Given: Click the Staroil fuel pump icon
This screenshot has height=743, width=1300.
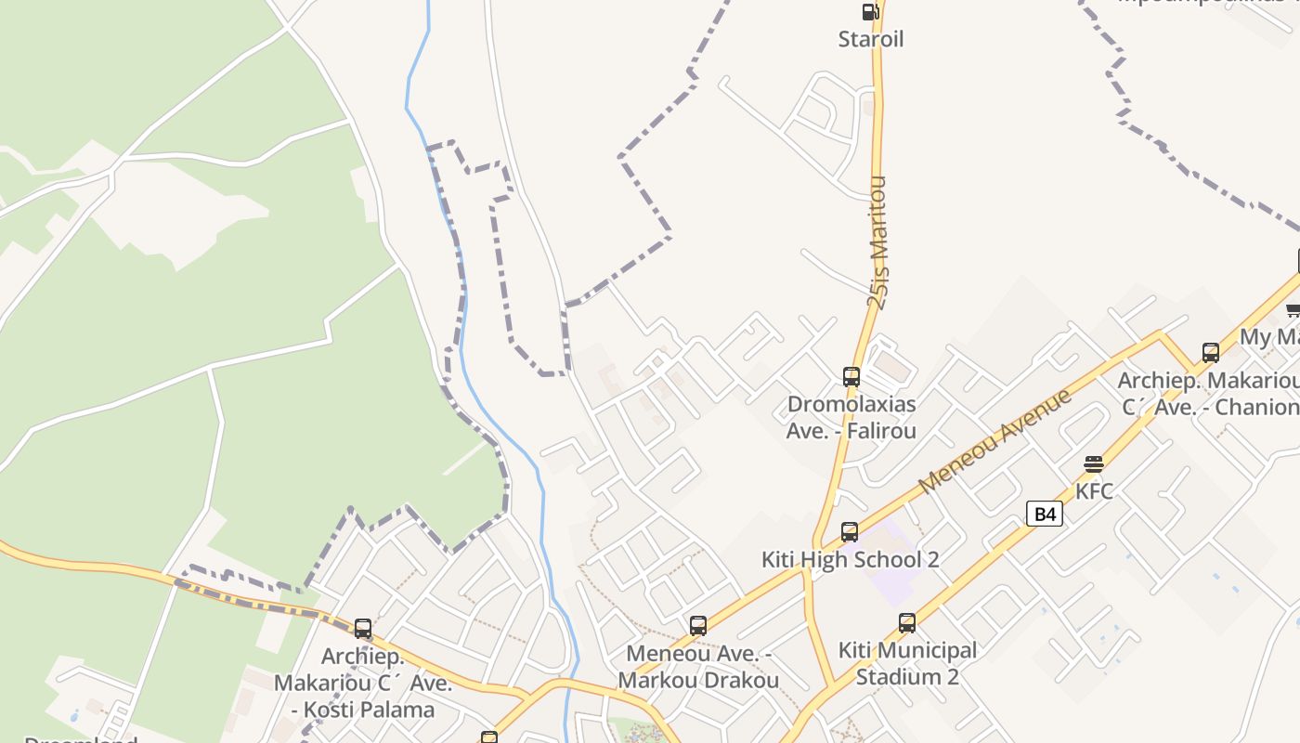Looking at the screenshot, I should (x=870, y=12).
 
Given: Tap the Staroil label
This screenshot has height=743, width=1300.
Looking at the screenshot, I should (x=870, y=39).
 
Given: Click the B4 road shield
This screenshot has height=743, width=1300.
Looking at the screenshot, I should (x=1045, y=514).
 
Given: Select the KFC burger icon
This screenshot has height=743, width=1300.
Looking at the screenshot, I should (x=1094, y=464).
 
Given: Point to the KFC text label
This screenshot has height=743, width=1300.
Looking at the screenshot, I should (x=1094, y=491).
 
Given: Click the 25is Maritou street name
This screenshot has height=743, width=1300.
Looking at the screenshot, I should (x=878, y=241).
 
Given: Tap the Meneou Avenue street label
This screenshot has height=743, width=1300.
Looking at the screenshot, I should (x=994, y=441).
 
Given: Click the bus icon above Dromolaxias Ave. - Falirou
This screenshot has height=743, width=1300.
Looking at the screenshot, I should (x=851, y=377).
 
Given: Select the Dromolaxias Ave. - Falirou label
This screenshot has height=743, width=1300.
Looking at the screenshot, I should (x=851, y=417).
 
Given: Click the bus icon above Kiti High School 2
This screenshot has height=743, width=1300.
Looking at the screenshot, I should (x=850, y=532).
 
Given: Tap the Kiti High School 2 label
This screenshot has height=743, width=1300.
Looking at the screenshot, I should (x=850, y=559).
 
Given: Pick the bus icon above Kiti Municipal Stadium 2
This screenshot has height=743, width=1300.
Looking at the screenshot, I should (x=907, y=623).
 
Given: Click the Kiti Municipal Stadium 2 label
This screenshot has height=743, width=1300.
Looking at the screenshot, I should (x=907, y=663).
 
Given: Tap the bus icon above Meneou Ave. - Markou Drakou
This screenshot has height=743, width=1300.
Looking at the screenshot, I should (x=698, y=626).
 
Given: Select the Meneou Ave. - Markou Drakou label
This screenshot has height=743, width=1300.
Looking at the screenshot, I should (x=698, y=667).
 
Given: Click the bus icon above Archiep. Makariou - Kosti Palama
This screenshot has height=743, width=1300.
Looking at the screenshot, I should (x=363, y=629).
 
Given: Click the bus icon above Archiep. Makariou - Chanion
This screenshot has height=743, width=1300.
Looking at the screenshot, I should (x=1211, y=353).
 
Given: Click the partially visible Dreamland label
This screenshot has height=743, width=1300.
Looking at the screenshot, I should (x=81, y=739).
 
